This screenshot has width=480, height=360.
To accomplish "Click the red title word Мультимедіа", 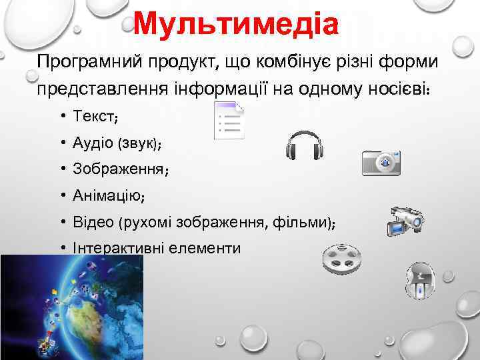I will [236, 24].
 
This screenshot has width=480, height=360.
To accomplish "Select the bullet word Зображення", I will [118, 169].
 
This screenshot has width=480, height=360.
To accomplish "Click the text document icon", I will [228, 121].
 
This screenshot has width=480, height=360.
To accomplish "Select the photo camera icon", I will [381, 162].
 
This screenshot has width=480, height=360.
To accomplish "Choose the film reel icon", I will [341, 260].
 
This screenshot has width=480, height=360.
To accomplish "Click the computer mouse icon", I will [420, 280].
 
